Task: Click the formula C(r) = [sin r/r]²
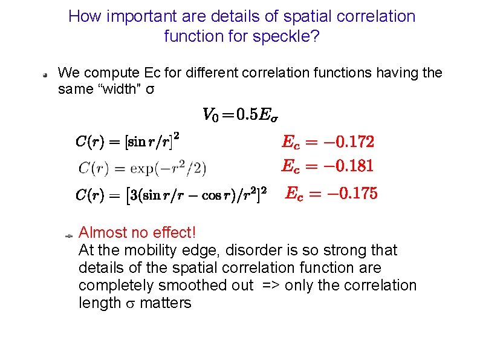point(128,142)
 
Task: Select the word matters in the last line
point(165,303)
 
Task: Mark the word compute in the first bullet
point(109,73)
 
